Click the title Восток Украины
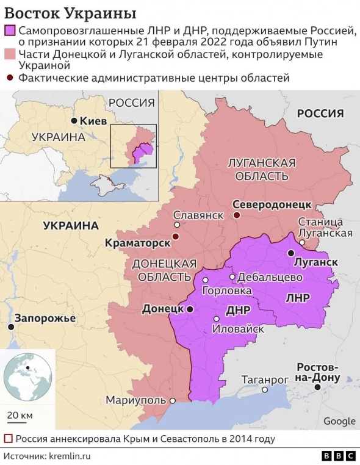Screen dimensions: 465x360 [x=71, y=13]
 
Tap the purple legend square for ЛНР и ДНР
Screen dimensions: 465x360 [x=10, y=31]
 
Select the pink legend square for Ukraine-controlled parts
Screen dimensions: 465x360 [x=10, y=55]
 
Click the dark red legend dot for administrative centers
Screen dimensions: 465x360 [x=10, y=77]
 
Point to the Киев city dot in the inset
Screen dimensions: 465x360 [x=74, y=121]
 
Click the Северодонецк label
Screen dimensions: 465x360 [x=272, y=204]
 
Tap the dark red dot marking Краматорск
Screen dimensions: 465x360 [x=176, y=237]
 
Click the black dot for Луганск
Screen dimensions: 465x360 [x=291, y=253]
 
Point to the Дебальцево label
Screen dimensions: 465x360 [x=270, y=276]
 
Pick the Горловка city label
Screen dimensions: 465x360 [x=226, y=291]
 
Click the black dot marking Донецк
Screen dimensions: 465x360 [x=190, y=309]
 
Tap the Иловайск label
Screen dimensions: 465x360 [x=237, y=329]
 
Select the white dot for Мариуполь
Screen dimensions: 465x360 [x=173, y=401]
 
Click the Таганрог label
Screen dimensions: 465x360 [x=264, y=379]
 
